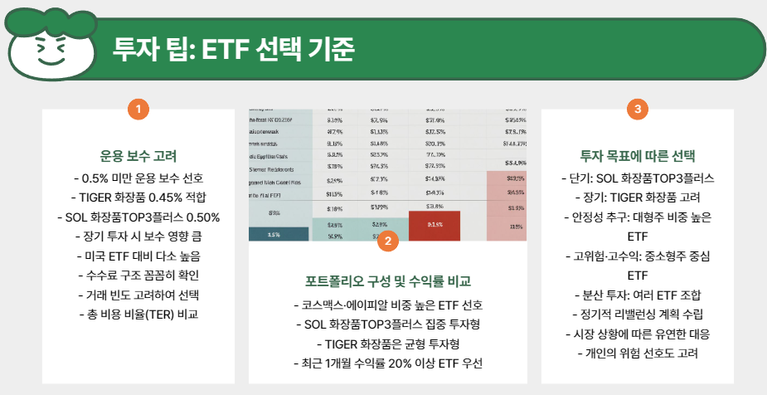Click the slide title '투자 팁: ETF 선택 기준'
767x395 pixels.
coord(233,49)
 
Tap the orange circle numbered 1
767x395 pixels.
coord(138,108)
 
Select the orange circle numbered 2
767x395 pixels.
coord(387,241)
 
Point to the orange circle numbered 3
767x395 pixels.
coord(636,108)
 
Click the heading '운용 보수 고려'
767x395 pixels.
coord(138,156)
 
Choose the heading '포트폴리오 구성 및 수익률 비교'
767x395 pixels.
coord(387,281)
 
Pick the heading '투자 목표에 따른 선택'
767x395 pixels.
coord(637,156)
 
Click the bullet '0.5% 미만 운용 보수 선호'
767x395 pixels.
coord(138,178)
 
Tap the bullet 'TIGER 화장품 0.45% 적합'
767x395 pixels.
coord(138,197)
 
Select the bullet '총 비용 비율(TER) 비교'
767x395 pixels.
coord(138,315)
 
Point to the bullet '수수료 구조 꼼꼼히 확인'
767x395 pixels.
coord(138,276)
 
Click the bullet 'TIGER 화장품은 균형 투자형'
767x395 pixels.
coord(387,344)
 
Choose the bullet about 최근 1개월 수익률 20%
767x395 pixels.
coord(387,363)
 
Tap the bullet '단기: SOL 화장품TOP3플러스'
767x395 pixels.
coord(637,178)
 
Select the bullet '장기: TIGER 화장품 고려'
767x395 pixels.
coord(637,197)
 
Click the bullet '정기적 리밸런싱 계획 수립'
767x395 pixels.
coord(637,315)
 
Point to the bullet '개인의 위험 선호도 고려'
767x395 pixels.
coord(637,354)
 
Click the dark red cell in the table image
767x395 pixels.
coord(434,224)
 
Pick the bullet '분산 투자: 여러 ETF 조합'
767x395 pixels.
coord(637,295)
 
